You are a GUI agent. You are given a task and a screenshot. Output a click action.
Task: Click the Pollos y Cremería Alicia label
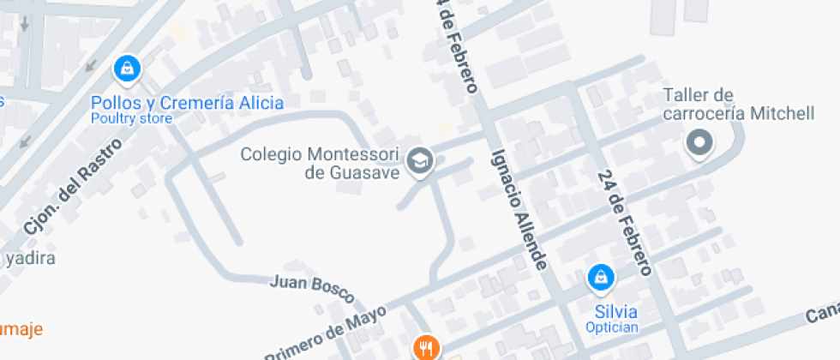[187, 103]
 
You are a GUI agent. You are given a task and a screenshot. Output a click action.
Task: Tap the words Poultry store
[131, 119]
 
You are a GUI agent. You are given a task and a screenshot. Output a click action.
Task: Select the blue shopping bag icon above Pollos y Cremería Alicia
[127, 68]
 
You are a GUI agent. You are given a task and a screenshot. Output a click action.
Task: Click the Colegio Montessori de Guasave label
[321, 164]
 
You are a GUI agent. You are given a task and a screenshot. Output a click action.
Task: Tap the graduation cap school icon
[419, 160]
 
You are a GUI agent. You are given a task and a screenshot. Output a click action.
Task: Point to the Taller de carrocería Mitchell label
[737, 104]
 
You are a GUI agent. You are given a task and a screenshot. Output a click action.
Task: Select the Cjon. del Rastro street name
[72, 187]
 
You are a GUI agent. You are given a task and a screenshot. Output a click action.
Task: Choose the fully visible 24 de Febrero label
[625, 222]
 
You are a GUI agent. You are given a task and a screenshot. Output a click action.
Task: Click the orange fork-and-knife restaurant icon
[426, 348]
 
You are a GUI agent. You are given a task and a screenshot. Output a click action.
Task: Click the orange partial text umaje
[21, 328]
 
